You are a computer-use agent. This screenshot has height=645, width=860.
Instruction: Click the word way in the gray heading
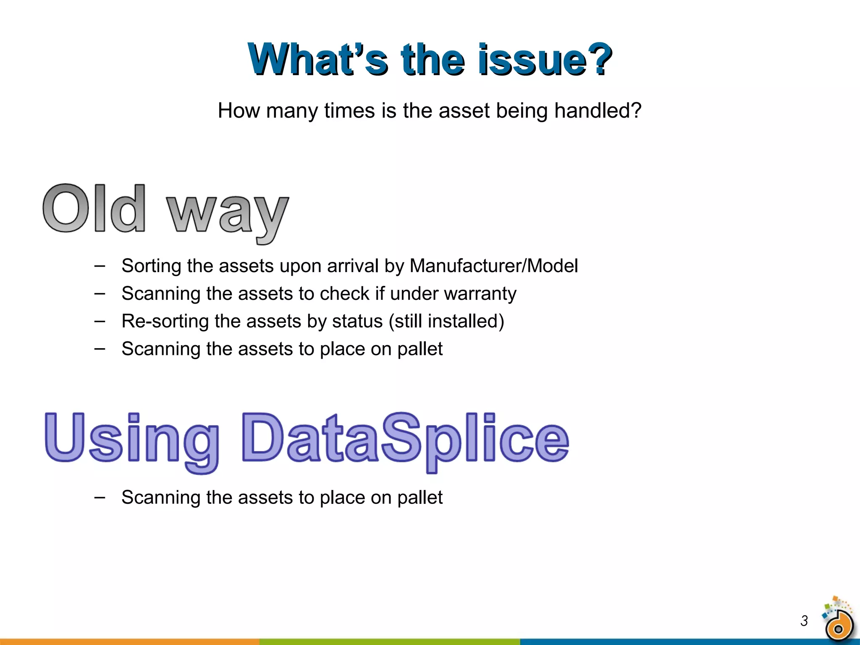227,214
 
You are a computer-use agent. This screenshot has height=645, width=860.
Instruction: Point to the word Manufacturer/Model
493,266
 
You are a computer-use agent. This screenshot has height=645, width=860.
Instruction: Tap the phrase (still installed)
446,321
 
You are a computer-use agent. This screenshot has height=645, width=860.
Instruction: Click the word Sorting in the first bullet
151,266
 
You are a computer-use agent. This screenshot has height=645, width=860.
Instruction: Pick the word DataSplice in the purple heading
405,439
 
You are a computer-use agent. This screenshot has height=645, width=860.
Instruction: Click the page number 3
804,621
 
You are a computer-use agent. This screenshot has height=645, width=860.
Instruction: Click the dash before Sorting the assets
100,266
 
